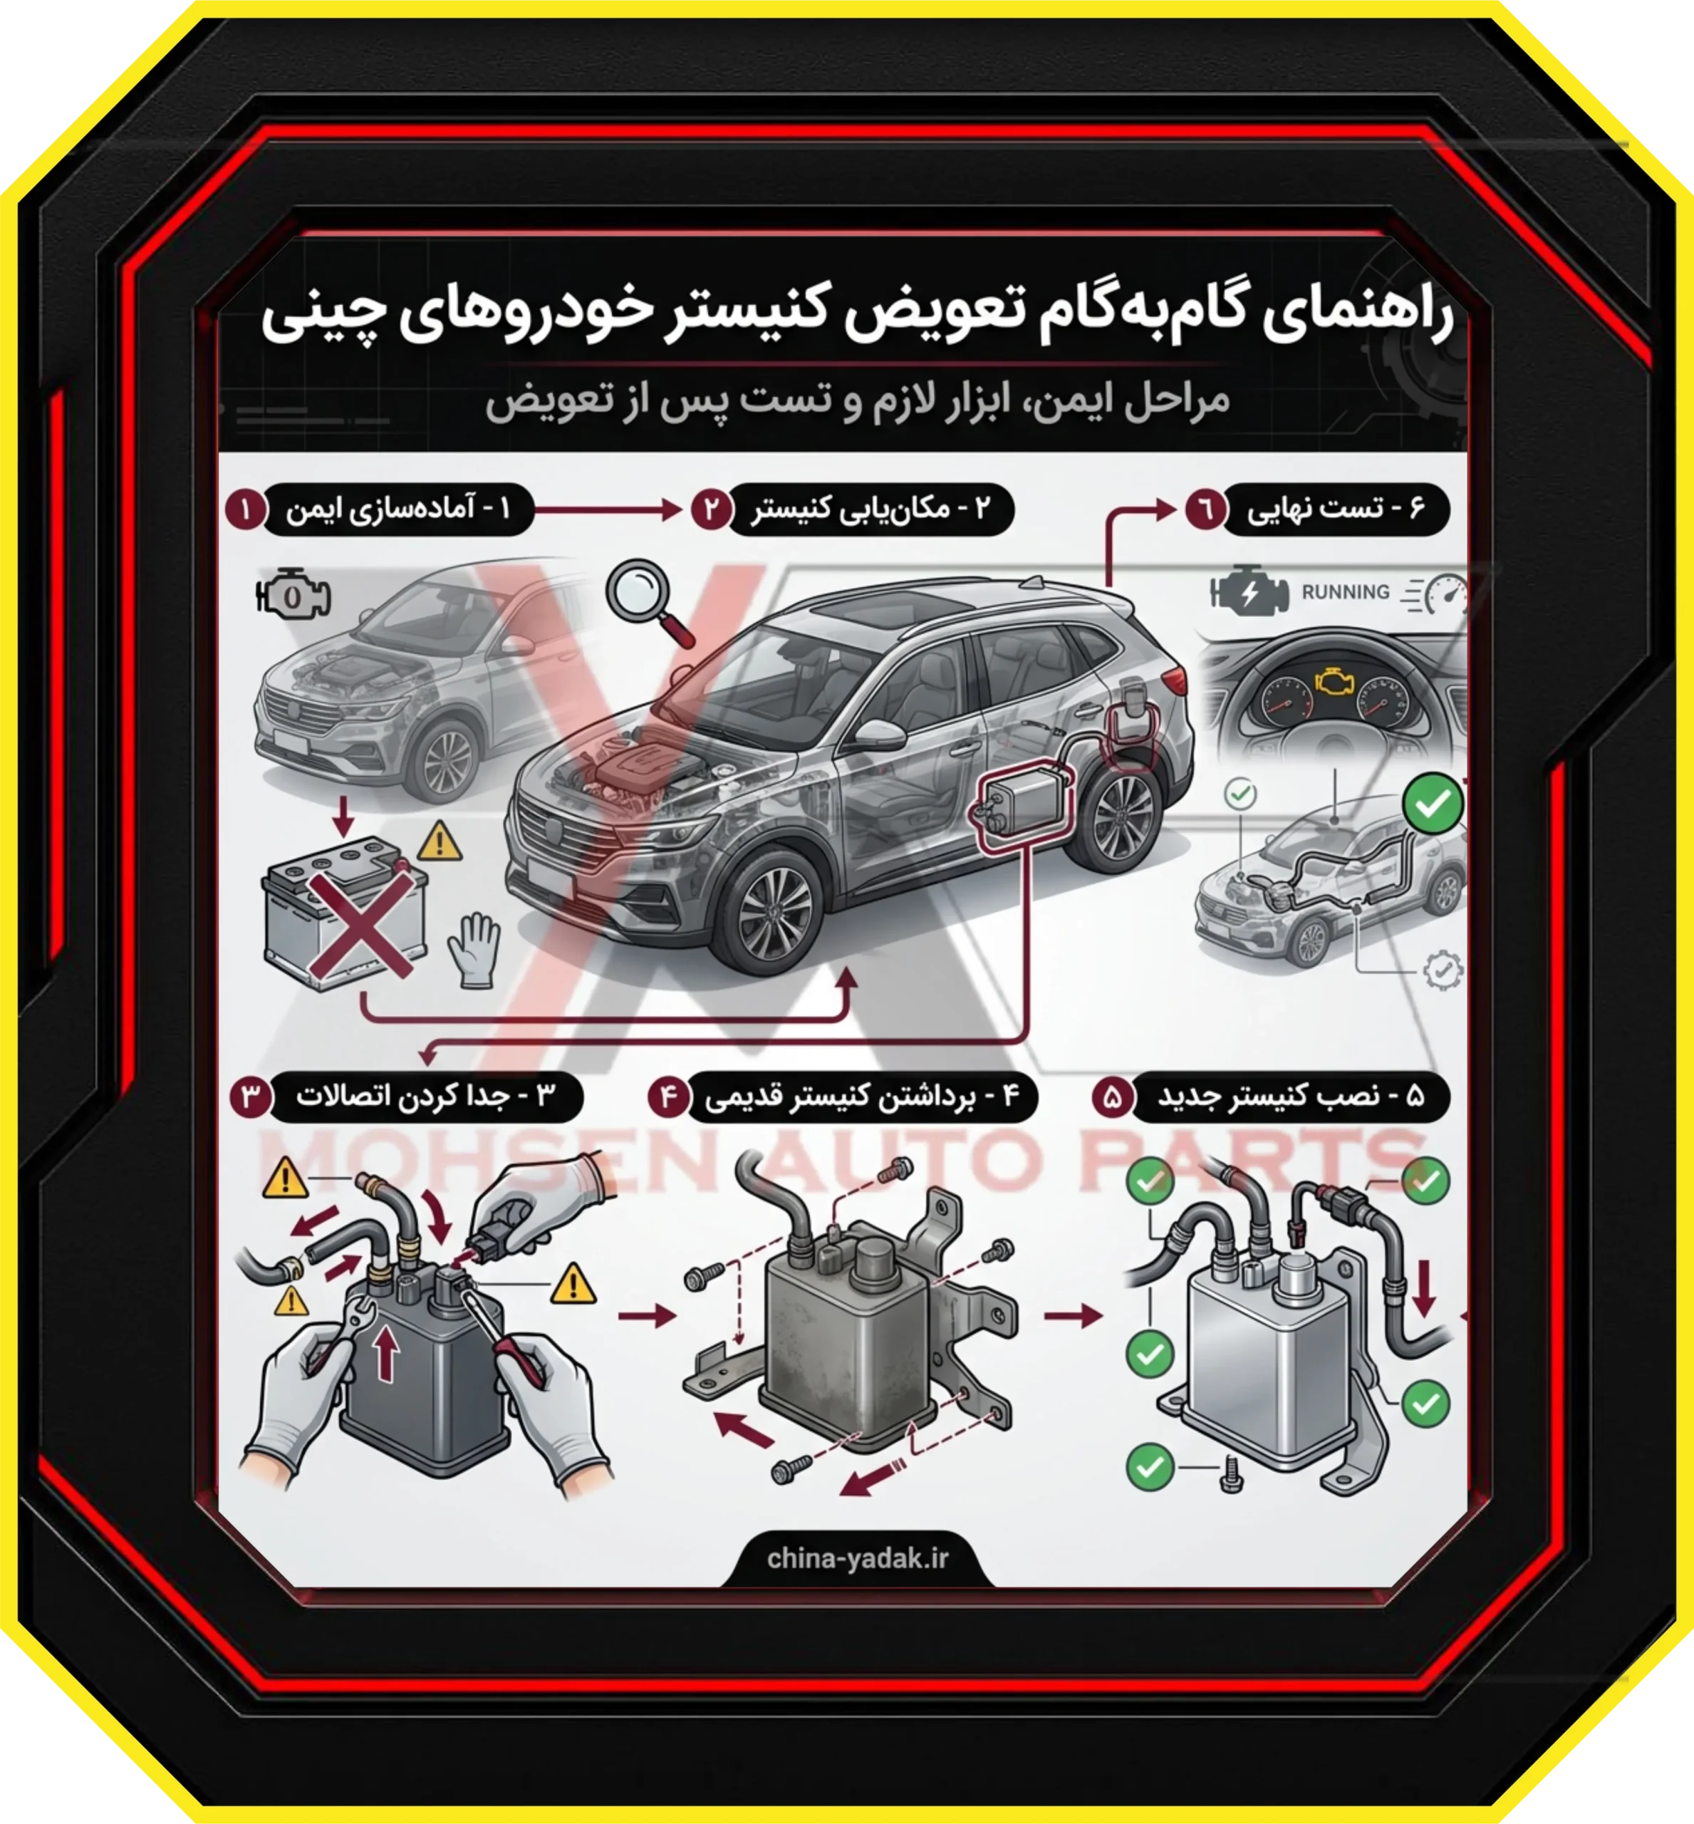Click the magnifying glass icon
(646, 598)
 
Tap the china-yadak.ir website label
(857, 1558)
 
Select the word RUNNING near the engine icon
(1345, 591)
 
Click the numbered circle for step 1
(245, 508)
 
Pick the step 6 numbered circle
(1205, 508)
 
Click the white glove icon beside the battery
(475, 949)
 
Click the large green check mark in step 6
(1432, 803)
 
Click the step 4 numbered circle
(668, 1096)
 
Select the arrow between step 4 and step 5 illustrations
(1073, 1316)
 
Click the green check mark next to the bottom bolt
(1150, 1466)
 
